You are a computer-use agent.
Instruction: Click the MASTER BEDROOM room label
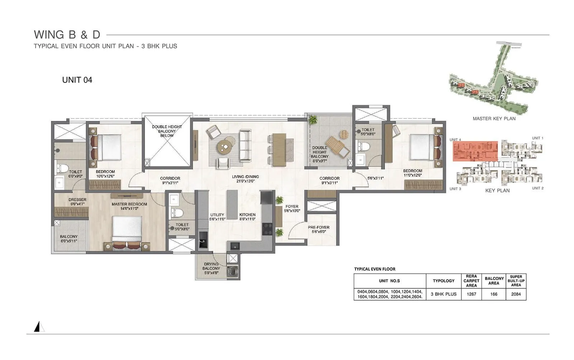pyautogui.click(x=129, y=206)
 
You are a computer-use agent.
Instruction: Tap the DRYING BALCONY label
pyautogui.click(x=211, y=268)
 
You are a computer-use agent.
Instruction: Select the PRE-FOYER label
pyautogui.click(x=318, y=229)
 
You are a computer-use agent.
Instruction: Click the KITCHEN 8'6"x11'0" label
pyautogui.click(x=247, y=216)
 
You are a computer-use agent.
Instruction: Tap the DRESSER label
pyautogui.click(x=77, y=202)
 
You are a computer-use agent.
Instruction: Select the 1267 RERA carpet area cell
pyautogui.click(x=471, y=294)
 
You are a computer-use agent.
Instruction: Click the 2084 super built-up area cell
pyautogui.click(x=516, y=294)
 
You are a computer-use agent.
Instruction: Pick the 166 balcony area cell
pyautogui.click(x=494, y=294)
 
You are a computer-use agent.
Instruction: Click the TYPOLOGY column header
pyautogui.click(x=443, y=281)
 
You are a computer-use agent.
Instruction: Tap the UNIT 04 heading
pyautogui.click(x=77, y=80)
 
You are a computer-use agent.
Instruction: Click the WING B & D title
pyautogui.click(x=67, y=35)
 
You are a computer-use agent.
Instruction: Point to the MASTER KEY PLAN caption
pyautogui.click(x=494, y=118)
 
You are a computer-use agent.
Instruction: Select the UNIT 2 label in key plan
pyautogui.click(x=537, y=188)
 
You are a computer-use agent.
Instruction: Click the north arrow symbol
pyautogui.click(x=38, y=327)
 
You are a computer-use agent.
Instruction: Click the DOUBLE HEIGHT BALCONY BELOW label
pyautogui.click(x=167, y=131)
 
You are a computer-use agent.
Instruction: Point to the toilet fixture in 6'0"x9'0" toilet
pyautogui.click(x=62, y=168)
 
